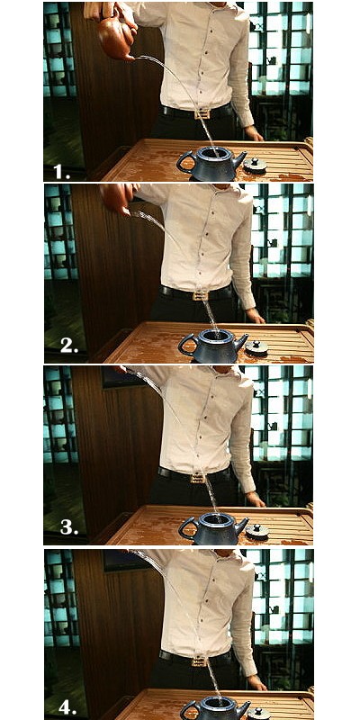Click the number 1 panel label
pos(61,171)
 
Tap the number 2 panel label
pos(69,346)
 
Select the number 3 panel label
pos(69,527)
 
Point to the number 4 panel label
pos(67,707)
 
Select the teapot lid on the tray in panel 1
pos(255,166)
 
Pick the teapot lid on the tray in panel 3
pos(256,531)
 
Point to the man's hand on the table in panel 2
pos(256,317)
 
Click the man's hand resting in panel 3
pos(256,499)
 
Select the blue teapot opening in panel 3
pos(215,518)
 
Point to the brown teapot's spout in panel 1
pos(130,58)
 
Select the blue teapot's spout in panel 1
pos(239,161)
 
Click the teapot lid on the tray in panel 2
pos(256,347)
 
